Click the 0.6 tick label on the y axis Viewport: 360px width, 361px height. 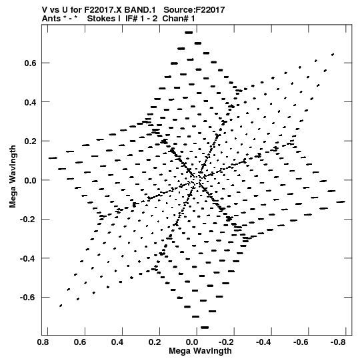click(31, 63)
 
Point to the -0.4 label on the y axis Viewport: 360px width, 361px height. click(28, 259)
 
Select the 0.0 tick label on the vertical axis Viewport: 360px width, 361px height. click(31, 180)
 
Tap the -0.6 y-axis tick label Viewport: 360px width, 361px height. click(28, 298)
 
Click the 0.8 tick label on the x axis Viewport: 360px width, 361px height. click(43, 342)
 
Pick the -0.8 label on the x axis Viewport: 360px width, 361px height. click(338, 342)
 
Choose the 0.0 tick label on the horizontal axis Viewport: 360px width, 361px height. click(192, 342)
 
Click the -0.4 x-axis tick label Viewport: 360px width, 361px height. click(263, 342)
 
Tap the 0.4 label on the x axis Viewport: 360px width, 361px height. click(117, 342)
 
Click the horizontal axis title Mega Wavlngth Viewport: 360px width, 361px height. click(200, 351)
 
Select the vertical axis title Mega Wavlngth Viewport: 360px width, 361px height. click(13, 177)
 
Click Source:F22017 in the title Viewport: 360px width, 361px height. click(194, 9)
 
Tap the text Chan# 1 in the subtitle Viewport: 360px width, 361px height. click(179, 19)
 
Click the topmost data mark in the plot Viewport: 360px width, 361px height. click(189, 33)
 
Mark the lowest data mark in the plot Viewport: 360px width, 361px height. click(205, 328)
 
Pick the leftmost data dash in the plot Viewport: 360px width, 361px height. click(53, 158)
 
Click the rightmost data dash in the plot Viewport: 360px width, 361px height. click(341, 202)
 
